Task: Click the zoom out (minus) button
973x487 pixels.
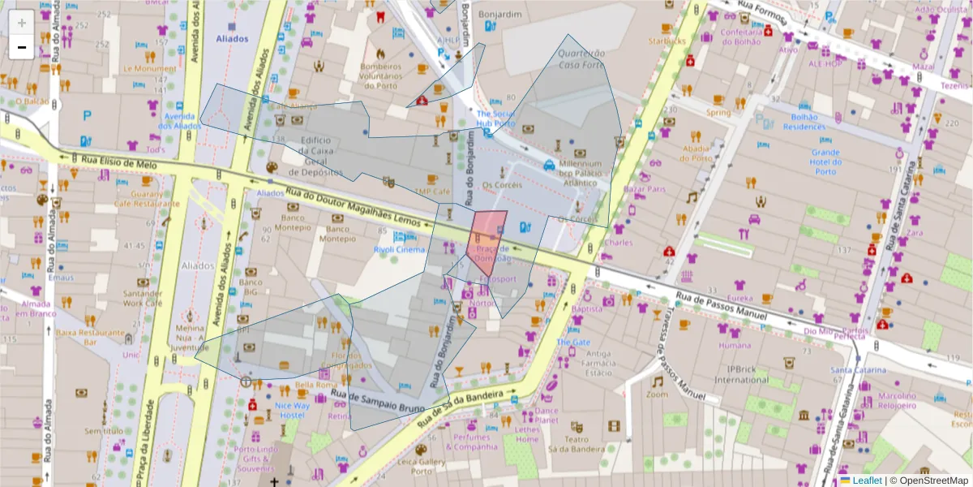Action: click(x=22, y=47)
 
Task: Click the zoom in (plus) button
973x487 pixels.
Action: click(x=22, y=23)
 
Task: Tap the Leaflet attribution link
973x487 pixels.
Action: click(x=865, y=481)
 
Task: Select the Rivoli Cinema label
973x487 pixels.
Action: click(x=399, y=250)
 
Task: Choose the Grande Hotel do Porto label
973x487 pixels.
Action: click(x=825, y=158)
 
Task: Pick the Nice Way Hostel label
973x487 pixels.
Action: click(x=292, y=410)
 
